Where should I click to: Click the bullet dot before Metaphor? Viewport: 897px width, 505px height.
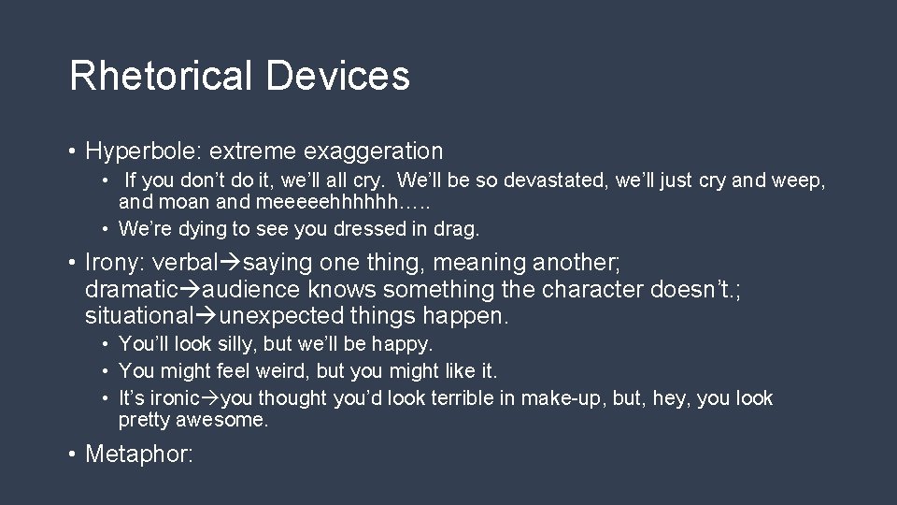72,454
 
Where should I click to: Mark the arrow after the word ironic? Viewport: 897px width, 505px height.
211,399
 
